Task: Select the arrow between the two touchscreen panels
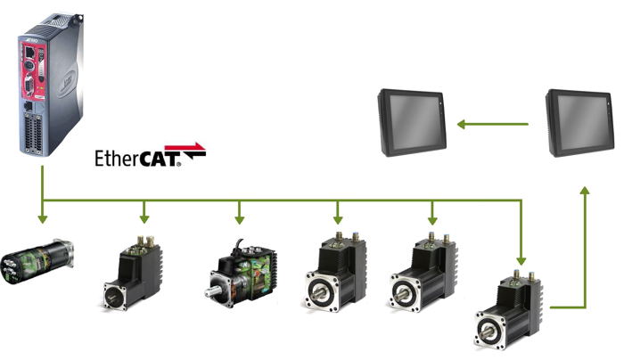click(493, 123)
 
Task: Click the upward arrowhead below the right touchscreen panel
click(586, 192)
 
